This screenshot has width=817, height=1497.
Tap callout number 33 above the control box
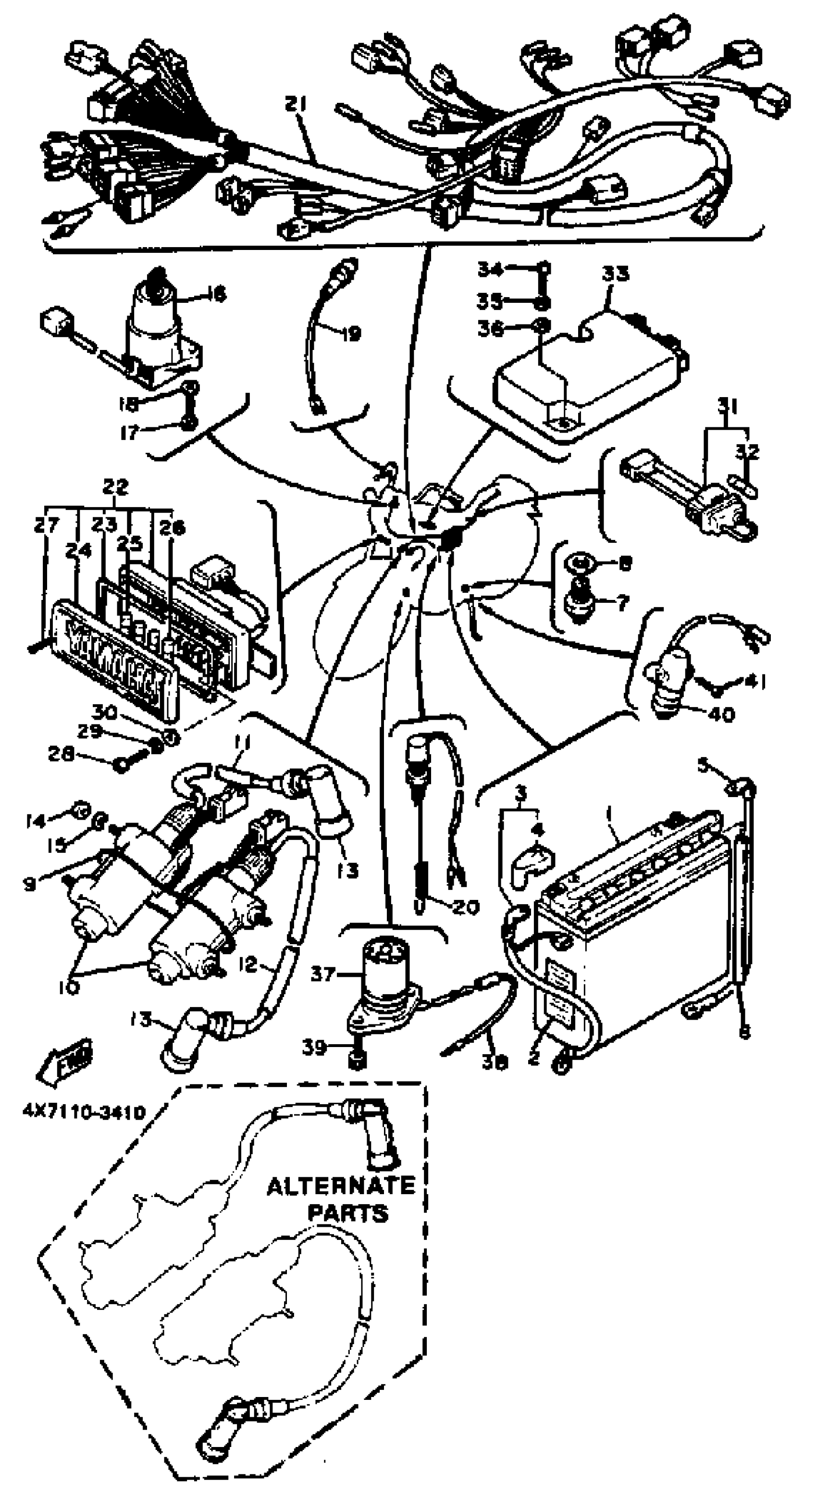click(615, 273)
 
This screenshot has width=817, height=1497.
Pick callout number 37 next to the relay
click(323, 973)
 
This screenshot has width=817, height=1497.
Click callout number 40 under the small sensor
click(721, 713)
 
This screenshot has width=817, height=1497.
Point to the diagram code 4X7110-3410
click(84, 1112)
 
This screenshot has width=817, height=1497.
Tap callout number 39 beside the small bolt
click(314, 1047)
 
